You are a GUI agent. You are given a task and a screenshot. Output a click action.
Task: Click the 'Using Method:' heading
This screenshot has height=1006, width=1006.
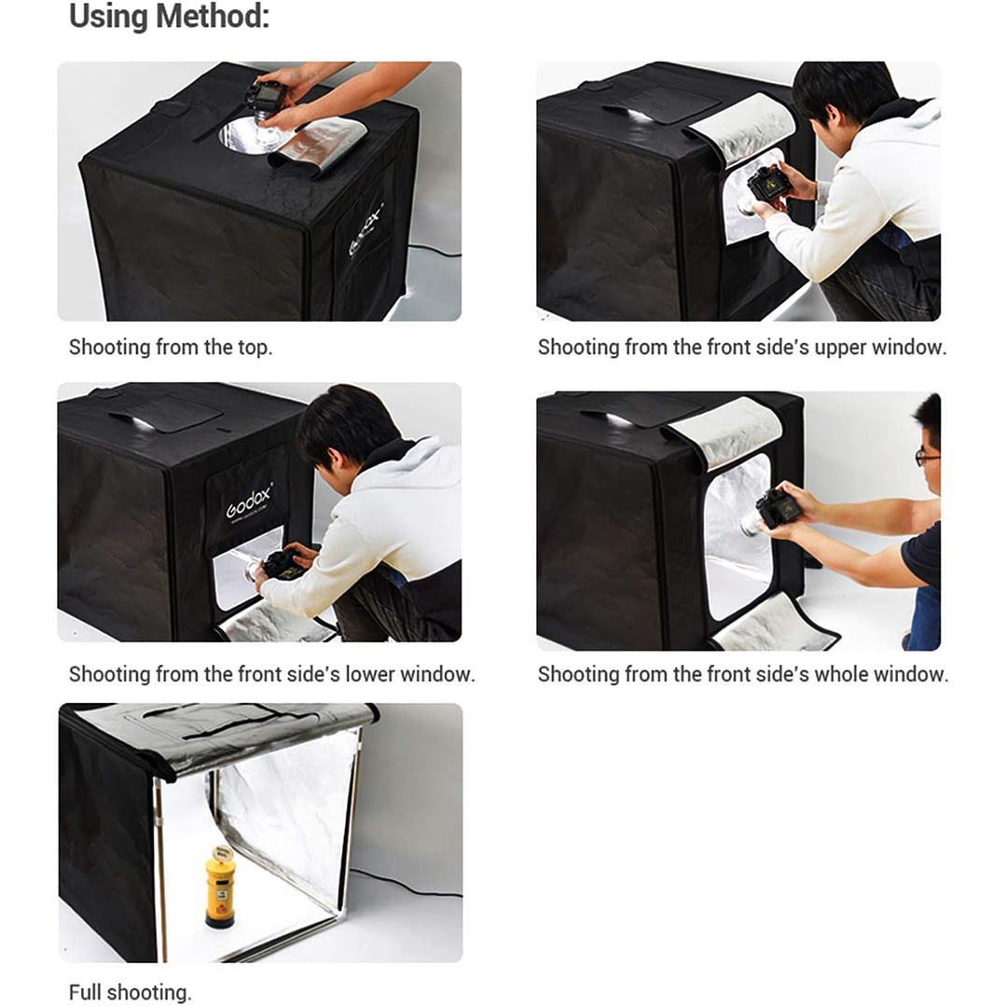(169, 17)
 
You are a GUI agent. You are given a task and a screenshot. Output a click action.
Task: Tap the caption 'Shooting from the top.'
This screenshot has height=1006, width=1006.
(171, 347)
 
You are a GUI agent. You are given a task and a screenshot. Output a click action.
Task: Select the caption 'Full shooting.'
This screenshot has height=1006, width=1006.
(131, 992)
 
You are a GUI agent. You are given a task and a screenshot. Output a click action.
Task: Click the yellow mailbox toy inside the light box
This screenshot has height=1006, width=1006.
(221, 887)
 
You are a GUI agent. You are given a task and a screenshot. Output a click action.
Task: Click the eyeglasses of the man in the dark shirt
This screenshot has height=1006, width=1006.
(927, 456)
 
